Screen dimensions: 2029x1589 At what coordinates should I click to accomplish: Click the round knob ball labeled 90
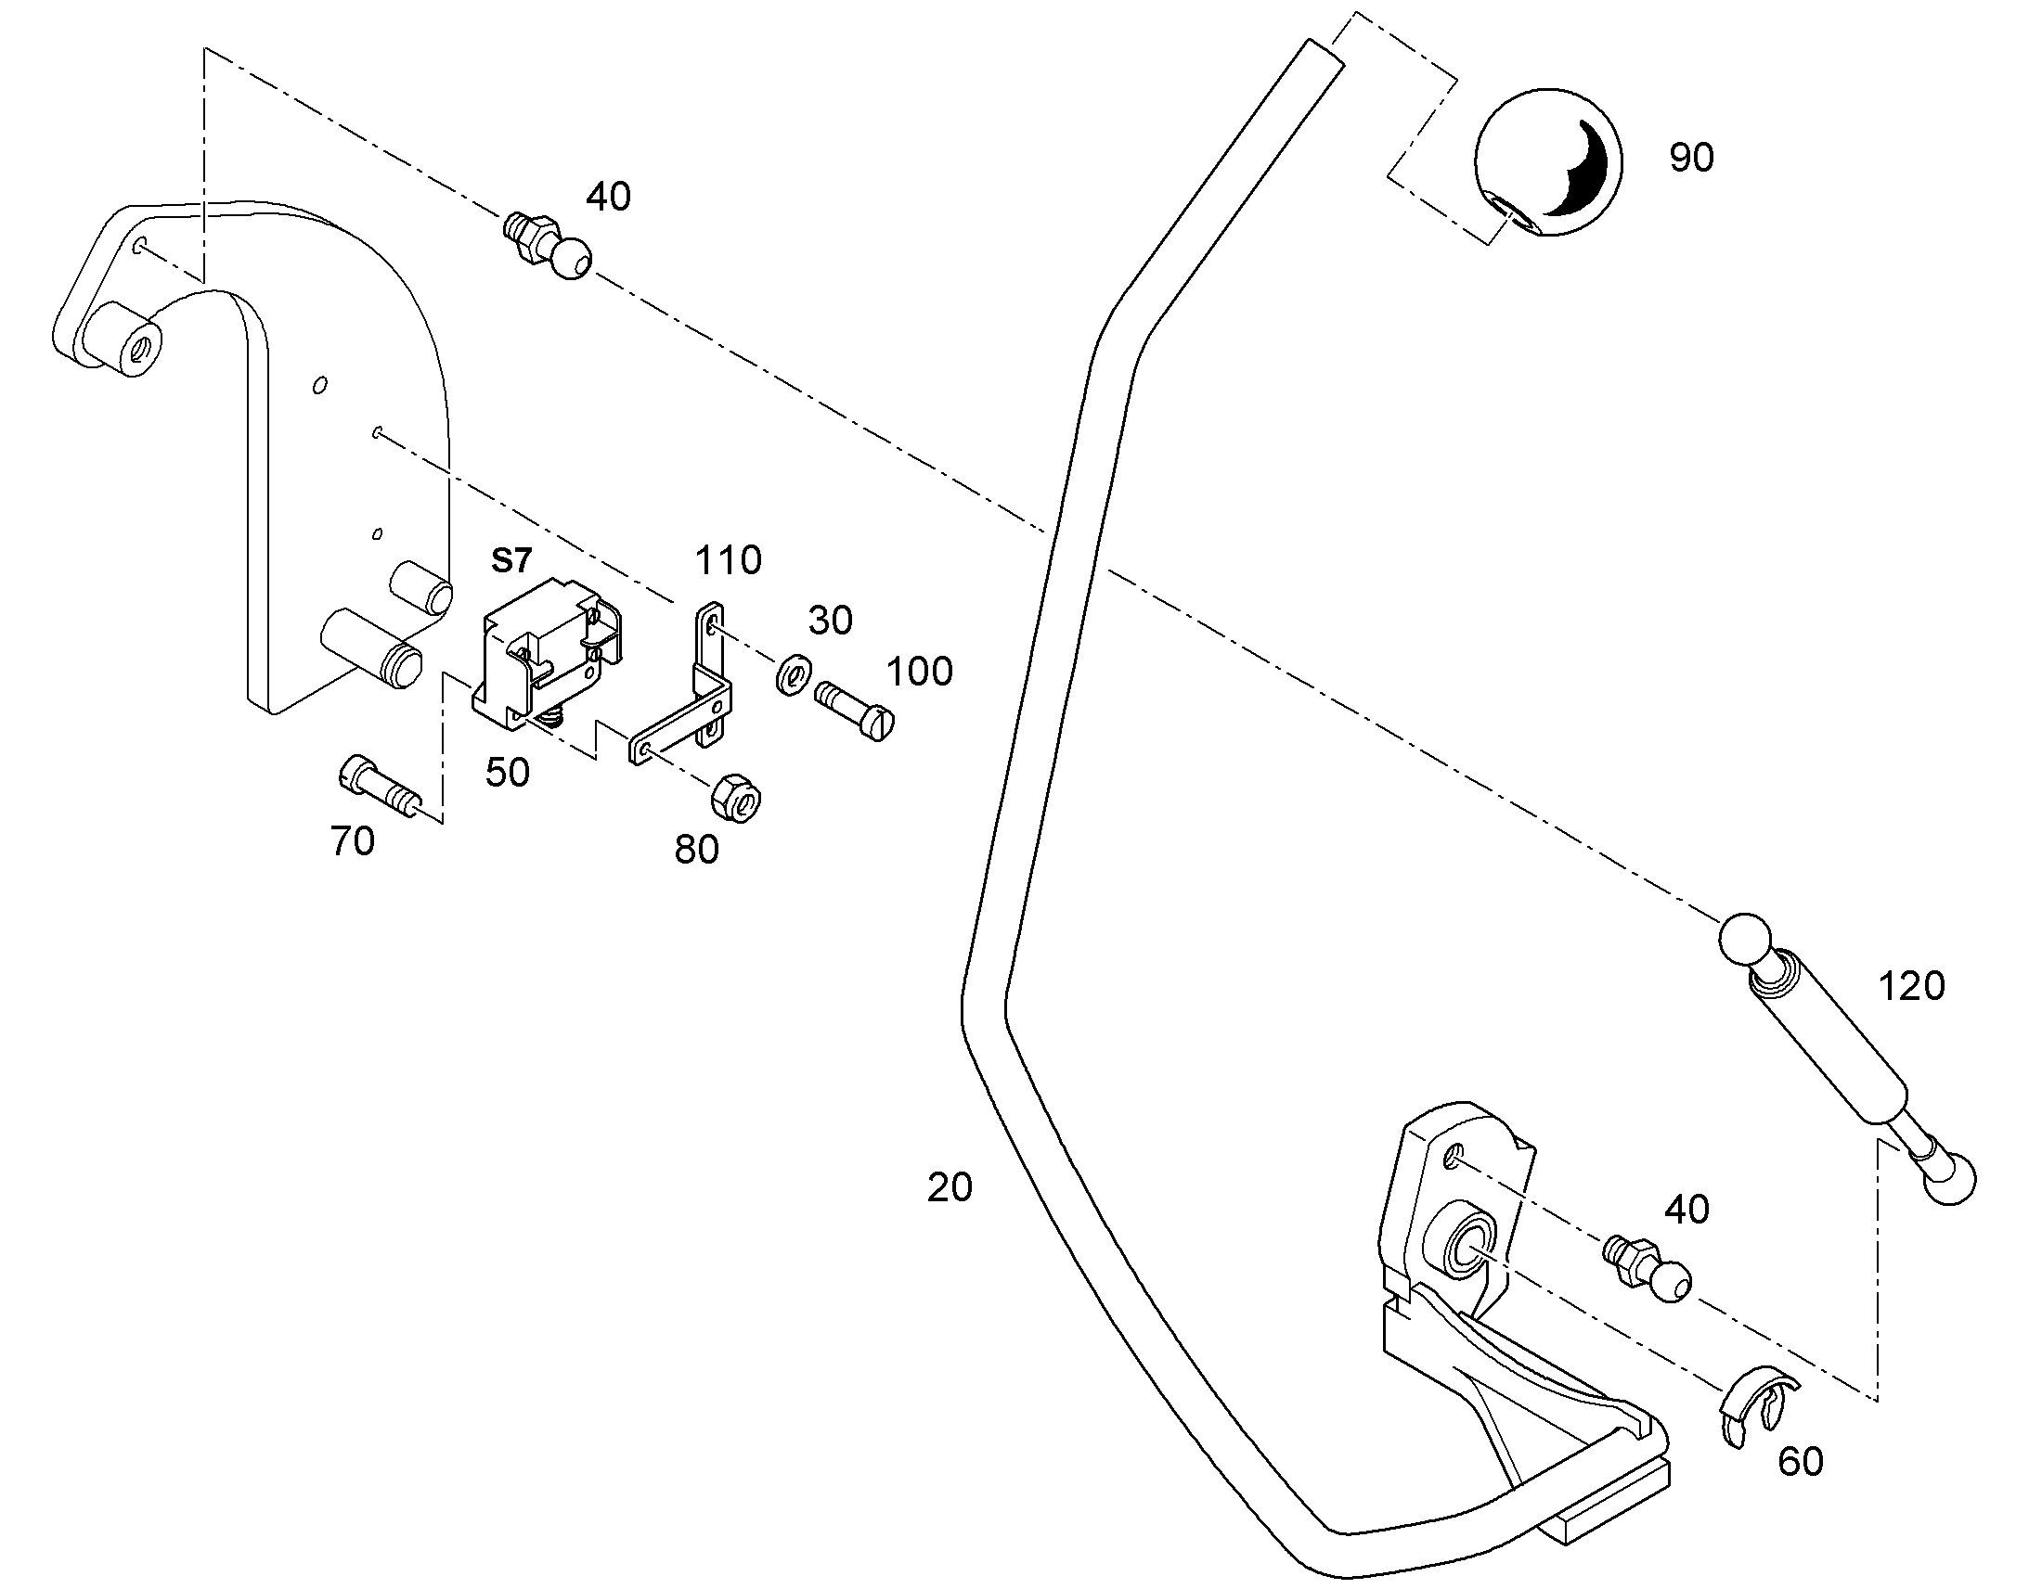point(1549,163)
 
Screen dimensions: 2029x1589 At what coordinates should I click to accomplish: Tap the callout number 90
point(1691,158)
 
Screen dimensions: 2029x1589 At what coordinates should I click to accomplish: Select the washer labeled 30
point(793,673)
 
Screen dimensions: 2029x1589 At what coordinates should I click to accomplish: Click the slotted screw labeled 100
point(855,711)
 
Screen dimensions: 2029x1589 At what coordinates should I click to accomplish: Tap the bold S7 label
point(511,560)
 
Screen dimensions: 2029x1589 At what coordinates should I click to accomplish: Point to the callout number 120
point(1912,986)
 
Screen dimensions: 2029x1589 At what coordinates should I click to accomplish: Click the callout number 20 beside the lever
point(950,1187)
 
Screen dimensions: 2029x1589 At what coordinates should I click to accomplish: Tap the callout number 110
point(729,560)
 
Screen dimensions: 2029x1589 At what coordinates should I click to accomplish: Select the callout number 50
point(507,772)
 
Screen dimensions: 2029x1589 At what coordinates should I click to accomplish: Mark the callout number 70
point(353,841)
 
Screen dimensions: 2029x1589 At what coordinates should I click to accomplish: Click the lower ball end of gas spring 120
point(1949,1179)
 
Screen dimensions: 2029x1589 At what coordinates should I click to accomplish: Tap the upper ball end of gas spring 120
point(1743,942)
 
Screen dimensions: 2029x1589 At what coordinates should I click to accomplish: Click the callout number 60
point(1800,1463)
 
